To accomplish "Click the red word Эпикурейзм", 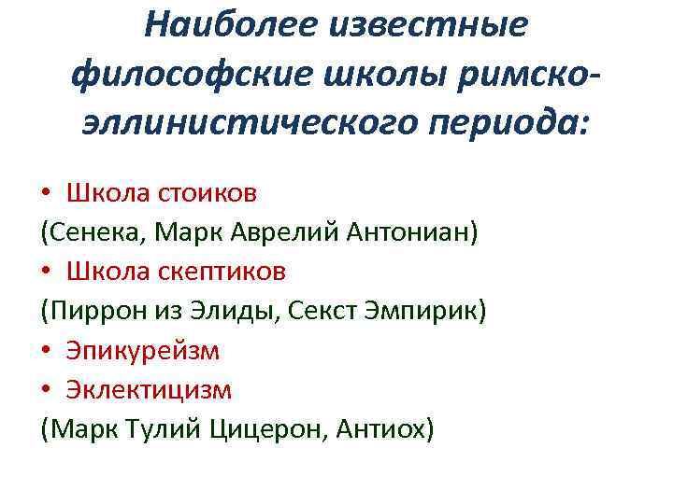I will click(x=143, y=350).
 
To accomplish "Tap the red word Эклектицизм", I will click(x=149, y=389).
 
